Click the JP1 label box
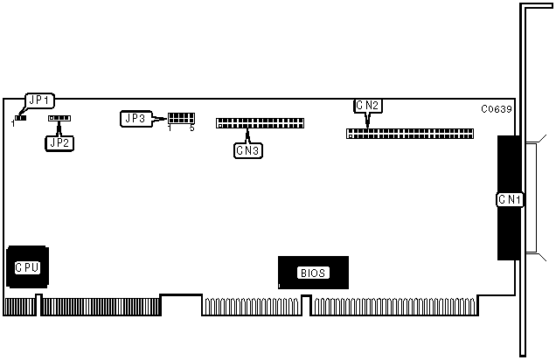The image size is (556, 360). [x=40, y=100]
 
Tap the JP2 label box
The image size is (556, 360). [x=59, y=141]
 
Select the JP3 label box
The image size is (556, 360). [x=136, y=118]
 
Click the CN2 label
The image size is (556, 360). [x=367, y=106]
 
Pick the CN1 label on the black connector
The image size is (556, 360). [x=510, y=200]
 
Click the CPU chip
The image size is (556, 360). [x=26, y=267]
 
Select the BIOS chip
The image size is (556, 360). [x=313, y=273]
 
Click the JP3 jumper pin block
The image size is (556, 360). [x=181, y=118]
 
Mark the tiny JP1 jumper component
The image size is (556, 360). [x=20, y=116]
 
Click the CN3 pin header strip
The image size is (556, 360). [x=259, y=122]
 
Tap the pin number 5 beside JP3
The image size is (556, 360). [x=191, y=128]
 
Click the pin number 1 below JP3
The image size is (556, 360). [x=170, y=128]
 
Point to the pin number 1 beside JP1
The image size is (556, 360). [x=13, y=123]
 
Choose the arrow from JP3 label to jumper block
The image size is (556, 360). [x=160, y=118]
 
